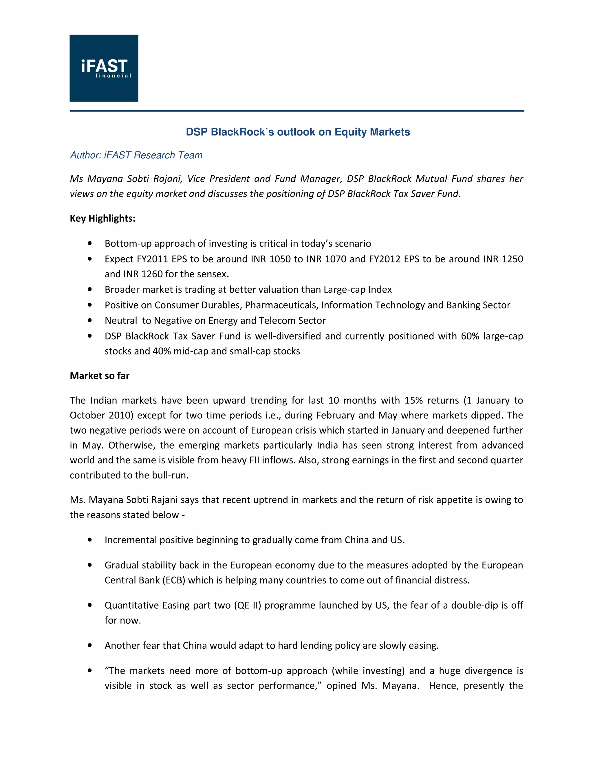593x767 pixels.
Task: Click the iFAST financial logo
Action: point(104,68)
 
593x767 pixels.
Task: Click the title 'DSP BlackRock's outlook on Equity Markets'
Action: point(298,132)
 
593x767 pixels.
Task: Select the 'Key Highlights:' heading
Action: point(103,219)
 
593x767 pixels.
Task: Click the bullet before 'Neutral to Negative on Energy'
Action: point(90,320)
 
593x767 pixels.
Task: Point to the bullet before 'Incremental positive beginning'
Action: point(90,540)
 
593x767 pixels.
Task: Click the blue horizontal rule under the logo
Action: point(297,111)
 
